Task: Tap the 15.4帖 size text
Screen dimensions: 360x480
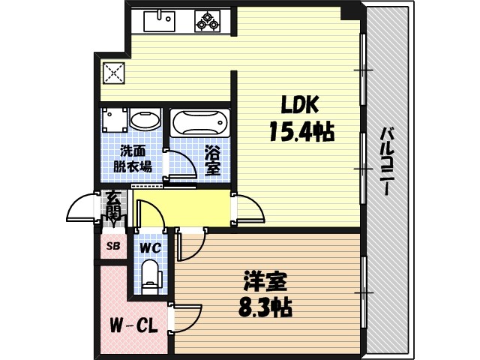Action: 301,133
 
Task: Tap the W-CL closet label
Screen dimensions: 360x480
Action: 133,327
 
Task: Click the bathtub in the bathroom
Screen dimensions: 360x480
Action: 199,122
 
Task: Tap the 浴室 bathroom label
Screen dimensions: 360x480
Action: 213,158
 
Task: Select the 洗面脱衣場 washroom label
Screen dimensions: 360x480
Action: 132,158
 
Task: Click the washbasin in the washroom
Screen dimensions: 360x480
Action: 145,119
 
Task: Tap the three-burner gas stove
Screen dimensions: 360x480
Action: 208,20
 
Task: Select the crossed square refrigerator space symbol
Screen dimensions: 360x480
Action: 114,73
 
